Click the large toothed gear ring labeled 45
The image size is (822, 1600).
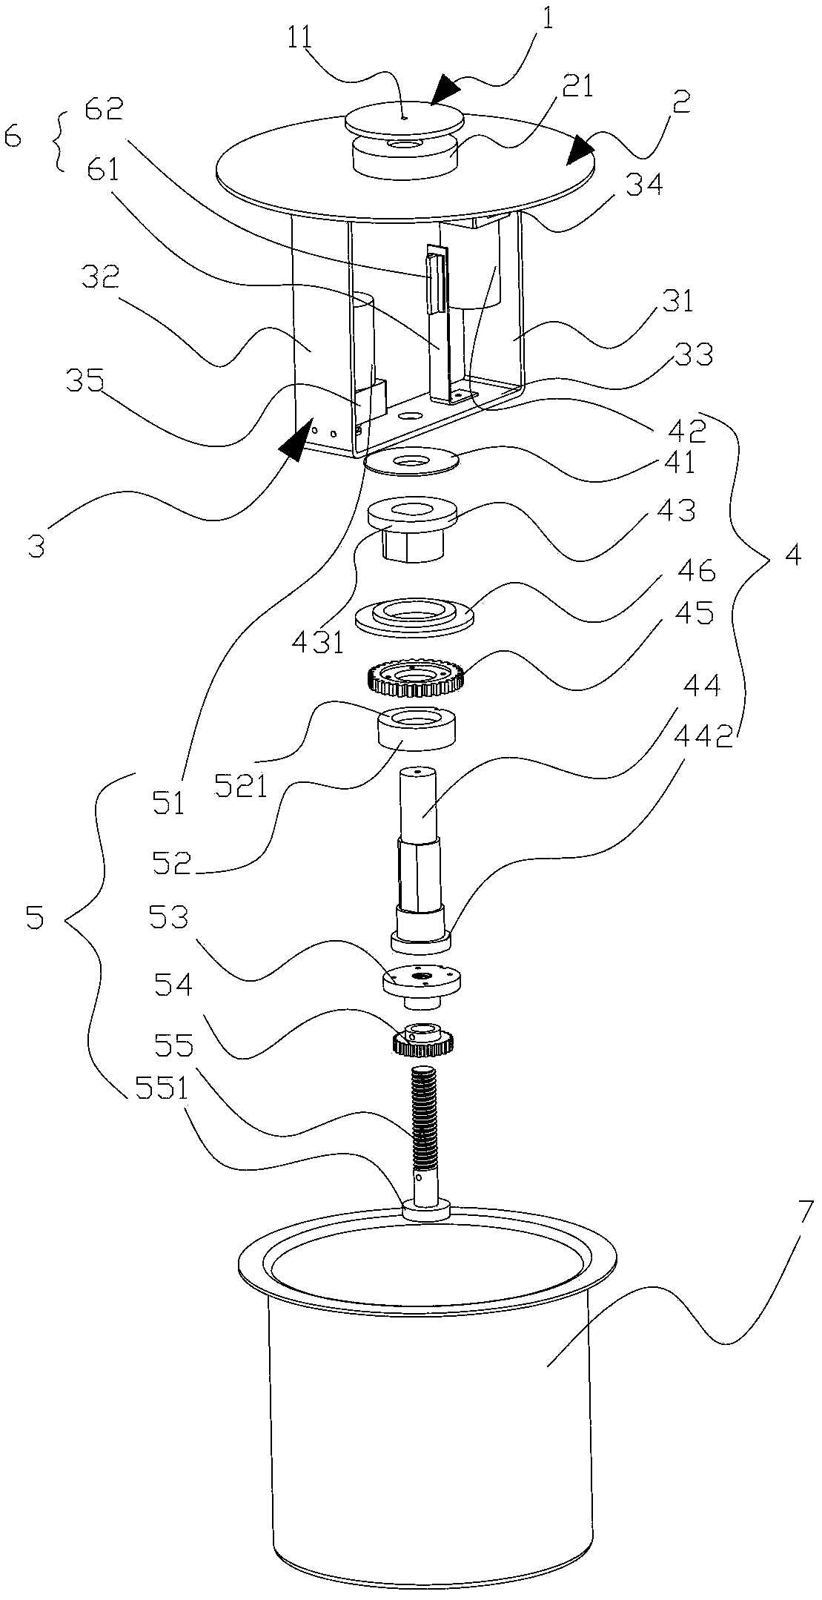pos(415,678)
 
